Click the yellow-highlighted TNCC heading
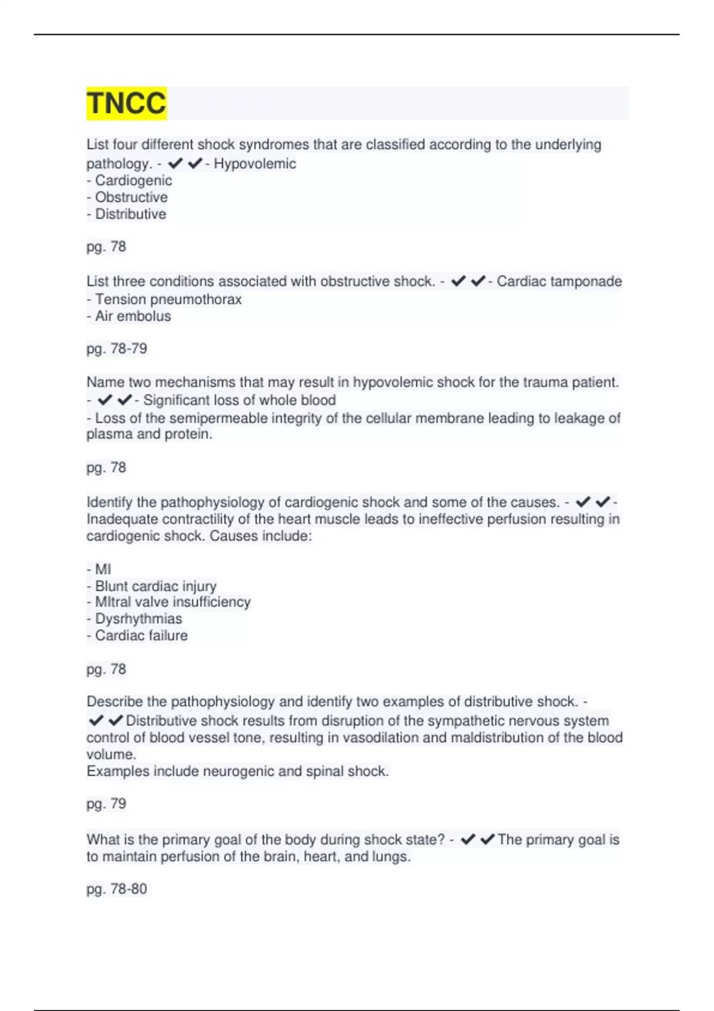[x=126, y=103]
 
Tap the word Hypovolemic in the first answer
[x=255, y=164]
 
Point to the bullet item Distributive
[x=130, y=214]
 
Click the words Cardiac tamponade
[x=559, y=281]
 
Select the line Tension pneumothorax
[x=168, y=299]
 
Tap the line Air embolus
[x=133, y=316]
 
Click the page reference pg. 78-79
[x=117, y=348]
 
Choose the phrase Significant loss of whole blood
[x=239, y=400]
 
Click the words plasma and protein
[x=149, y=434]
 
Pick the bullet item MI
[x=102, y=570]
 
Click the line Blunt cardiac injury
[x=155, y=586]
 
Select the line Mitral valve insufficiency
[x=173, y=602]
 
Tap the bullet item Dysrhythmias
[x=138, y=619]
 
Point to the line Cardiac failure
[x=141, y=636]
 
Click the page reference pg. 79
[x=107, y=804]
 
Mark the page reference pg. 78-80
[x=117, y=889]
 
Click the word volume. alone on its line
[x=111, y=755]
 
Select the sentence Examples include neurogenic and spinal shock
[x=237, y=771]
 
